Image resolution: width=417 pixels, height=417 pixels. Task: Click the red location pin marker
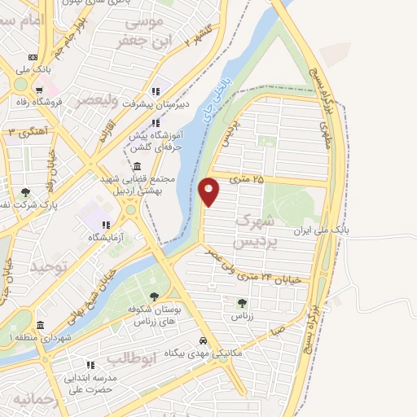point(209,191)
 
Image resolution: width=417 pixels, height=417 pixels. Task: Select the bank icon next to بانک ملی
point(32,57)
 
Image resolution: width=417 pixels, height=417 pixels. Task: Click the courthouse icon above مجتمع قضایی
point(135,166)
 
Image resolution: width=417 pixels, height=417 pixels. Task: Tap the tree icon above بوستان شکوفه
point(154,296)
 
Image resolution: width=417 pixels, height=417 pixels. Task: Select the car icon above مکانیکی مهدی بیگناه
point(202,341)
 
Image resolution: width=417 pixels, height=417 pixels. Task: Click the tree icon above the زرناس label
point(241,302)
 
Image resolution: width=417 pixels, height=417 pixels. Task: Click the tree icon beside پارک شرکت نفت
point(25,193)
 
